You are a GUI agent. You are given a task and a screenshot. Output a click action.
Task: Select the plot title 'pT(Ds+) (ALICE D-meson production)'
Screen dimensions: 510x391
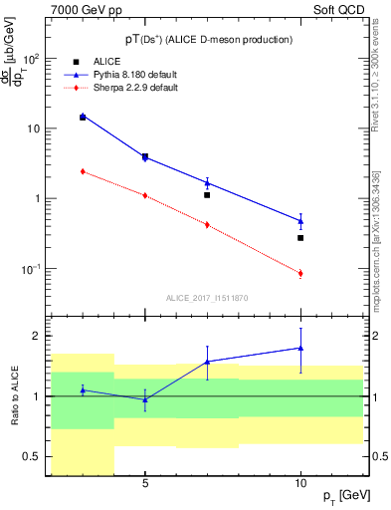click(x=208, y=39)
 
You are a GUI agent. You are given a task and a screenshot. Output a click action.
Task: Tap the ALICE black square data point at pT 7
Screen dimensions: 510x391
click(x=207, y=195)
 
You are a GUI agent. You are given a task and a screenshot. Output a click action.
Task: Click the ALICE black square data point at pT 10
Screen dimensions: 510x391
click(x=300, y=238)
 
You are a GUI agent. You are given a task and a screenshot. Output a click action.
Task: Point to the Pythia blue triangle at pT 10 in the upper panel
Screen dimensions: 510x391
click(x=300, y=221)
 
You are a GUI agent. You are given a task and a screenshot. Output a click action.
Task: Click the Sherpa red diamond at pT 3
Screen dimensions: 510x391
click(x=83, y=171)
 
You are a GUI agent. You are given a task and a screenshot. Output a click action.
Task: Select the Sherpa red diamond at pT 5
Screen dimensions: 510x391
click(x=145, y=195)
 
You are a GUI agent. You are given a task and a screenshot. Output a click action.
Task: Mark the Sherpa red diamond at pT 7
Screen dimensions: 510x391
click(x=207, y=225)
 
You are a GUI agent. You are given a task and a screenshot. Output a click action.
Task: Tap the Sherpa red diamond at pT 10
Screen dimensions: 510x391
click(x=300, y=273)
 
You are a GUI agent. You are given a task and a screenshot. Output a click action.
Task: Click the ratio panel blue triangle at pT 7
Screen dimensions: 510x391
click(x=207, y=362)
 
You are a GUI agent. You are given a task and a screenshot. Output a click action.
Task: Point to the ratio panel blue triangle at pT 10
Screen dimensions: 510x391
click(x=300, y=348)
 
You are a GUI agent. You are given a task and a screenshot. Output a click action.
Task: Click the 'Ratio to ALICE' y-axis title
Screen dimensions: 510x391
click(x=13, y=396)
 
